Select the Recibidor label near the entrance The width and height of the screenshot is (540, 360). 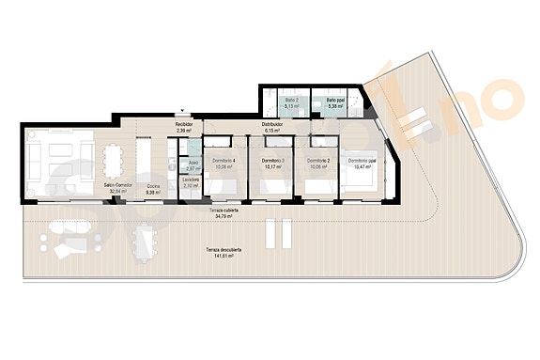pyautogui.click(x=184, y=124)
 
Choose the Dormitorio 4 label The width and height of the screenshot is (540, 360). pyautogui.click(x=224, y=162)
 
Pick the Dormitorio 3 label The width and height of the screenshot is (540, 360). pyautogui.click(x=272, y=162)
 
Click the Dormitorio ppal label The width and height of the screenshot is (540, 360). pyautogui.click(x=363, y=162)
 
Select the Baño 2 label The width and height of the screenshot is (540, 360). pyautogui.click(x=291, y=99)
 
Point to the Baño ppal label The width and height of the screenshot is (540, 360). pyautogui.click(x=335, y=99)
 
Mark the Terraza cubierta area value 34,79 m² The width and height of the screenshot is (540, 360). pyautogui.click(x=223, y=216)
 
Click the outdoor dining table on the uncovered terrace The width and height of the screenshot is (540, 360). pyautogui.click(x=146, y=246)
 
